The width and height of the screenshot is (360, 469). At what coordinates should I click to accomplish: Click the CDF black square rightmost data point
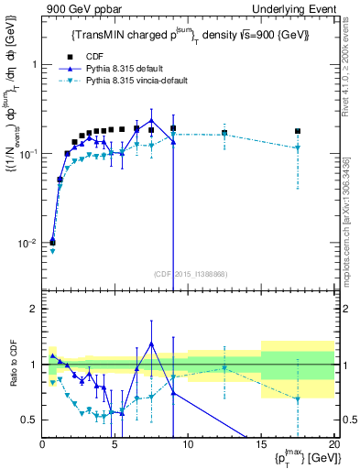297,131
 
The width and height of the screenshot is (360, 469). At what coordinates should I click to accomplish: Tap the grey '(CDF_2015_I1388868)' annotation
190,273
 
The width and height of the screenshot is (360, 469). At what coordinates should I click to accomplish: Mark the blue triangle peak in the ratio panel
151,344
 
